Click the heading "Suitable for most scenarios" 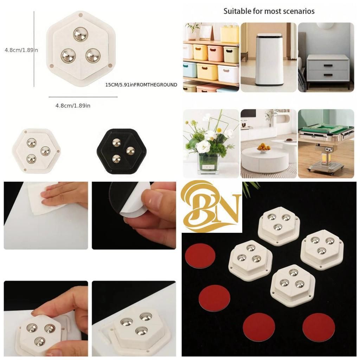(269, 11)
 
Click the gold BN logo (212, 207)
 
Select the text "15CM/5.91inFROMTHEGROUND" (141, 85)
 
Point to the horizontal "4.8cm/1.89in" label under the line (73, 105)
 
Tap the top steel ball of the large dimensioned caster (81, 34)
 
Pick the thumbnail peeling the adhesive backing (134, 215)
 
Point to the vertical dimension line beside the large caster (34, 49)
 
